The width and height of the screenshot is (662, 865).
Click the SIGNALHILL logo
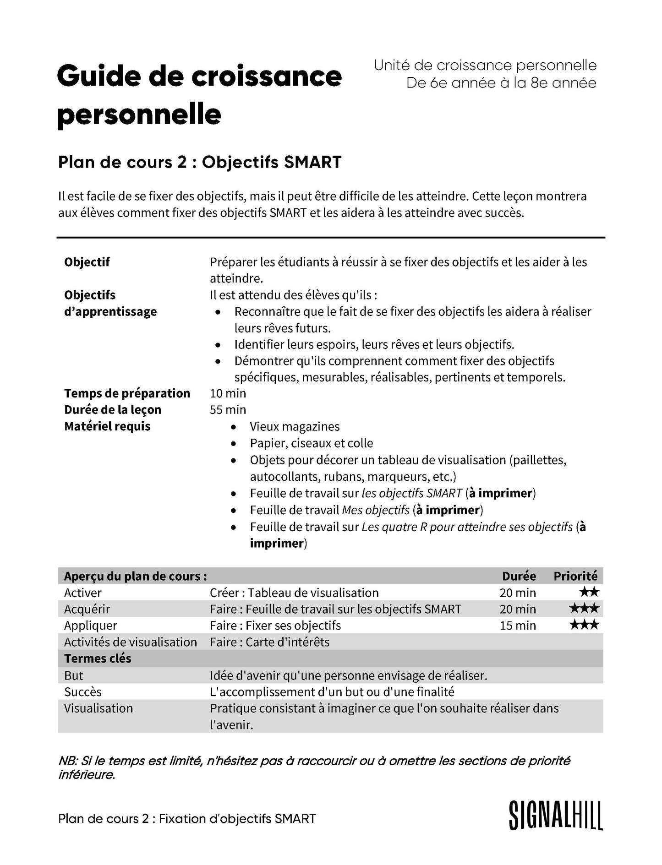[556, 816]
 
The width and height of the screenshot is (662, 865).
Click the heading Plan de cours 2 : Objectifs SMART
[200, 162]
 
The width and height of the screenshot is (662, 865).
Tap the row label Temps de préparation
[127, 393]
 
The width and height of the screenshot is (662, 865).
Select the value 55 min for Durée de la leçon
[228, 410]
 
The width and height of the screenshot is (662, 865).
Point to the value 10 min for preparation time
[228, 393]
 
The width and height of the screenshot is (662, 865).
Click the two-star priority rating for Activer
[589, 592]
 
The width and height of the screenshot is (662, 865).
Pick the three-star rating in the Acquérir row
[584, 609]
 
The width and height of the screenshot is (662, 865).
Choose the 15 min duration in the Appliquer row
[518, 626]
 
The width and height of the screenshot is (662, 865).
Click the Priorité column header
[575, 576]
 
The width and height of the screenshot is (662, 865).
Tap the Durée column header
[519, 576]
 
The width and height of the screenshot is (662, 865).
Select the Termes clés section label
[98, 658]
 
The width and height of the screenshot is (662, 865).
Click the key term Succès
[83, 691]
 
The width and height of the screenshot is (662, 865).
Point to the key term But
[74, 675]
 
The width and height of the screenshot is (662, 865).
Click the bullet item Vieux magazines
[295, 427]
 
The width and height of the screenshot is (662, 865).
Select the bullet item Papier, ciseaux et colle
[311, 443]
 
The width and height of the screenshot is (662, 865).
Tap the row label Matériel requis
[107, 426]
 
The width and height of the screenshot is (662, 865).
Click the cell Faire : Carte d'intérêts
[269, 642]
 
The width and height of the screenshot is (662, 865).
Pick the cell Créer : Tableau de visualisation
[294, 593]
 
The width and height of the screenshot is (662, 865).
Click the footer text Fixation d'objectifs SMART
[237, 818]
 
